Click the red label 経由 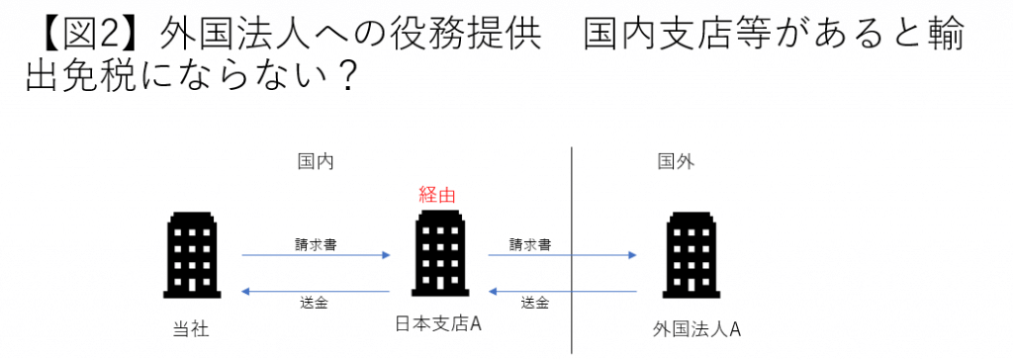pyautogui.click(x=437, y=195)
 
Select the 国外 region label pyautogui.click(x=675, y=161)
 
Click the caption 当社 pyautogui.click(x=190, y=329)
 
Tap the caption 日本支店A pyautogui.click(x=439, y=323)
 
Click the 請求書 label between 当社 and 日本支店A pyautogui.click(x=316, y=243)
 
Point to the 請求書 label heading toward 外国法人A pyautogui.click(x=530, y=243)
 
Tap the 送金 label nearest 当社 pyautogui.click(x=314, y=302)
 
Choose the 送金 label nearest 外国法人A pyautogui.click(x=534, y=302)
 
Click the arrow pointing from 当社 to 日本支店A pyautogui.click(x=316, y=256)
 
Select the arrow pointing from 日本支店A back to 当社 pyautogui.click(x=316, y=291)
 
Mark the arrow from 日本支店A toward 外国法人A pyautogui.click(x=562, y=256)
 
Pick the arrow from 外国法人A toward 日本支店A pyautogui.click(x=562, y=291)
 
